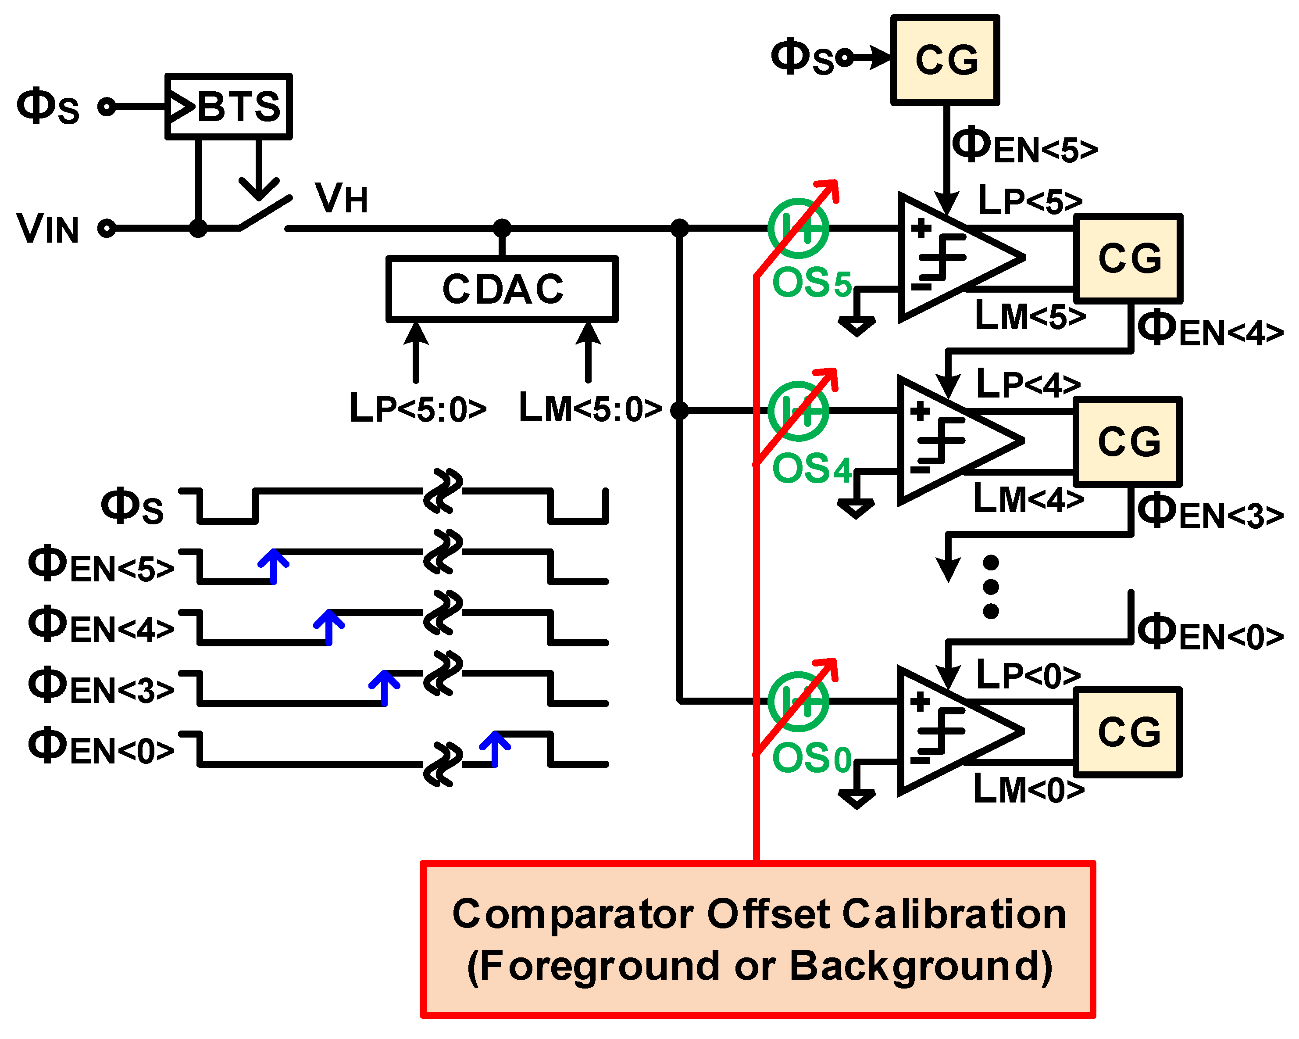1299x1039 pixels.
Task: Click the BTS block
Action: tap(229, 107)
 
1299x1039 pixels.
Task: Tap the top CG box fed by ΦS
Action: tap(945, 60)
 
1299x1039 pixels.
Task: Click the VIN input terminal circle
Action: tap(107, 229)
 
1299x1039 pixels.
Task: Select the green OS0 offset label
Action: tap(812, 758)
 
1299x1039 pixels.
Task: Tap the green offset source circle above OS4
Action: tap(798, 411)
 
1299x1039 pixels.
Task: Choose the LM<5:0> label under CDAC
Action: tap(590, 408)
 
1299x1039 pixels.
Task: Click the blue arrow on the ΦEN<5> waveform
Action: tap(274, 565)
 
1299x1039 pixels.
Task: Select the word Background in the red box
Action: tap(921, 967)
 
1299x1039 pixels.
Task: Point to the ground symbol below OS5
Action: tap(856, 326)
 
